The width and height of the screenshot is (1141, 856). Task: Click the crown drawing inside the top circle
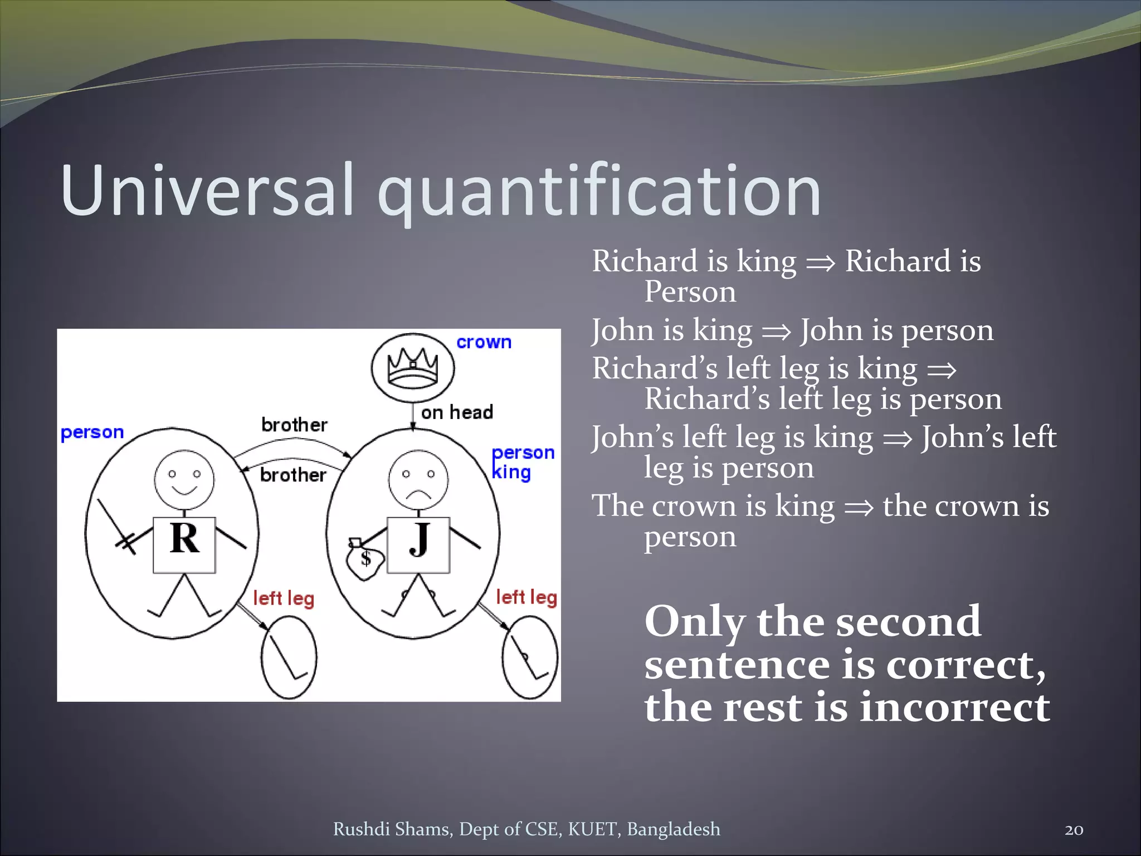413,368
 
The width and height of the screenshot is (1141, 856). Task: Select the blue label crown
484,342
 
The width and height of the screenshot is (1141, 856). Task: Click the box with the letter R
184,544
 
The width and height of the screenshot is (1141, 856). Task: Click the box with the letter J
418,544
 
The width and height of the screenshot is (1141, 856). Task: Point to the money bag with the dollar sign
364,560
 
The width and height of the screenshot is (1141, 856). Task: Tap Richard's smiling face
184,479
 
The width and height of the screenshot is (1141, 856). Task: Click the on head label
457,412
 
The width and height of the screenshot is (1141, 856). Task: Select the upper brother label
294,425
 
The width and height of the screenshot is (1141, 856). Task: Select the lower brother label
293,475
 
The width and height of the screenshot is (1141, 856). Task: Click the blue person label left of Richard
92,432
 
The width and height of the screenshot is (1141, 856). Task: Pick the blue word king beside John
511,473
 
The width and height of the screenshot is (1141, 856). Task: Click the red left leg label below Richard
284,599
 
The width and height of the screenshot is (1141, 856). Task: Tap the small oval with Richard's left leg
289,658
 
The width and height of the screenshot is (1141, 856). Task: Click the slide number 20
1074,830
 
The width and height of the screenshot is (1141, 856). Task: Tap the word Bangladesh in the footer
673,829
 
